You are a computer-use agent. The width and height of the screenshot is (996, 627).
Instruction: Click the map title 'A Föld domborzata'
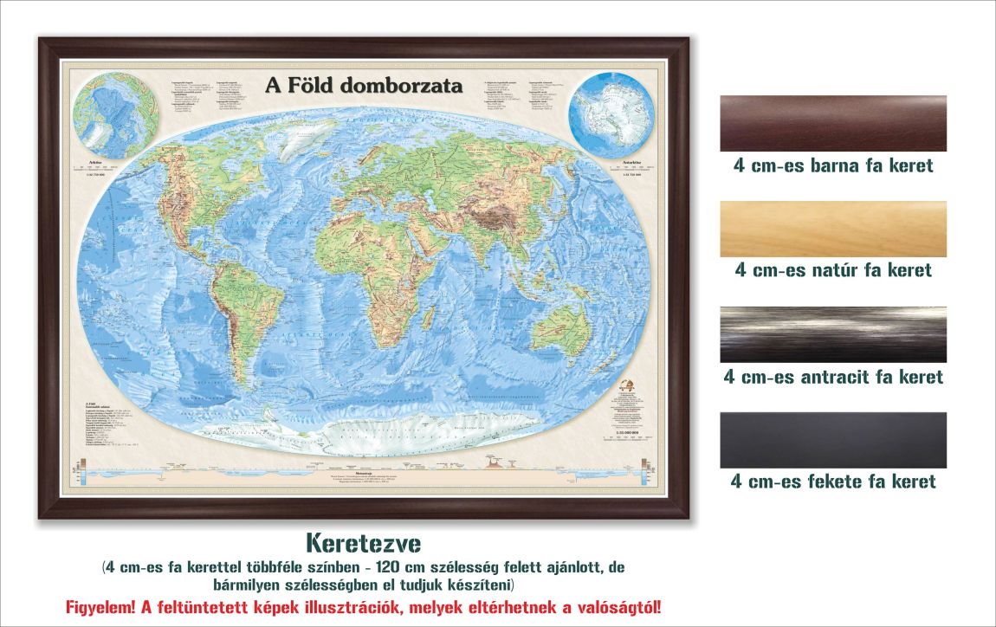(x=364, y=86)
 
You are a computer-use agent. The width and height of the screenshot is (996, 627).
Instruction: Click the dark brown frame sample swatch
(x=833, y=124)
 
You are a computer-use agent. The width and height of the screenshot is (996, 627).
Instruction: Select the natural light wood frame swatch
(x=833, y=229)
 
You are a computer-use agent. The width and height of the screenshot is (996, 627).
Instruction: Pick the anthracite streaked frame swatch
(x=833, y=334)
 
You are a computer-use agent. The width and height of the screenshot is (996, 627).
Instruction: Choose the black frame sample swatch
(x=833, y=440)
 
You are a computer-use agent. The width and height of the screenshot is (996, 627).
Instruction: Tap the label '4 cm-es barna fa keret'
(x=833, y=165)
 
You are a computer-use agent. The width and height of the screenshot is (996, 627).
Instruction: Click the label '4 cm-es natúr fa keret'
(x=833, y=270)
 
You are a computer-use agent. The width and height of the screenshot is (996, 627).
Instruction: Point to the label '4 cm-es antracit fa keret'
(x=833, y=377)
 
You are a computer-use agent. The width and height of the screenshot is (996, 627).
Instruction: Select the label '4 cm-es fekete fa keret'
(x=833, y=482)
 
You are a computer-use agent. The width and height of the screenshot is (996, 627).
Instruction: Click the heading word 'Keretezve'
(x=364, y=544)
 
